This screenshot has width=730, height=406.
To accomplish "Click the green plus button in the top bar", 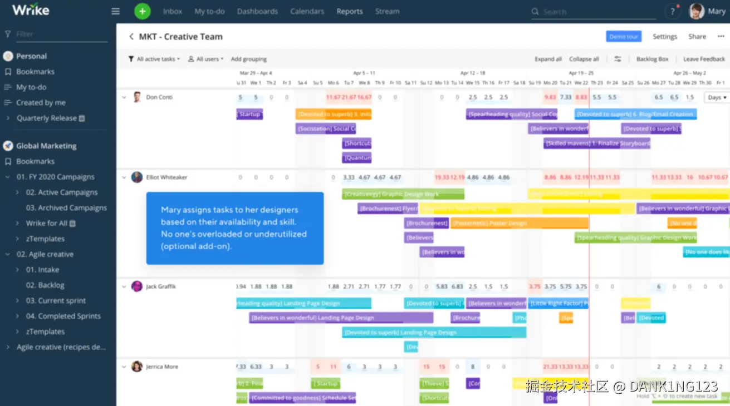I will (142, 11).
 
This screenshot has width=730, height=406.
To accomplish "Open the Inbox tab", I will (173, 11).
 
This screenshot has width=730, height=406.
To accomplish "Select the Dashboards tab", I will (257, 11).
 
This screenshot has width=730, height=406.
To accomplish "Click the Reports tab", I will (350, 11).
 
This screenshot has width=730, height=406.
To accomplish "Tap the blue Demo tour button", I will (624, 37).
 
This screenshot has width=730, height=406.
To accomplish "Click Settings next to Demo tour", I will (665, 37).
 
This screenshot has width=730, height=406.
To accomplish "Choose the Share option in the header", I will (697, 37).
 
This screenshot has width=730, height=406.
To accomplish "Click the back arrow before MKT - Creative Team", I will (131, 37).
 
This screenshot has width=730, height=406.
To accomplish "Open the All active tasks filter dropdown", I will (154, 59).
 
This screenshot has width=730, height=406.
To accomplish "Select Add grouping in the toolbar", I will (249, 59).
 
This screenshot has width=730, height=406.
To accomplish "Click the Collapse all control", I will (584, 59).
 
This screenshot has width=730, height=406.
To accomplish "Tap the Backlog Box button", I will (653, 59).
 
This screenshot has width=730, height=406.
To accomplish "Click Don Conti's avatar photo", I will (137, 97).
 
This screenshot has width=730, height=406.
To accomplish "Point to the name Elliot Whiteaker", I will (166, 177).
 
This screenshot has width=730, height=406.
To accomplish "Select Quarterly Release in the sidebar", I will (47, 118).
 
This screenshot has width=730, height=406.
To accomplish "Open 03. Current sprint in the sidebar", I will (56, 300).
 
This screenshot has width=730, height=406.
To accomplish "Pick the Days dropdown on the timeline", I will (716, 97).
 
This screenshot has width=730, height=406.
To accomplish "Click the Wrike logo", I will (31, 10).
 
